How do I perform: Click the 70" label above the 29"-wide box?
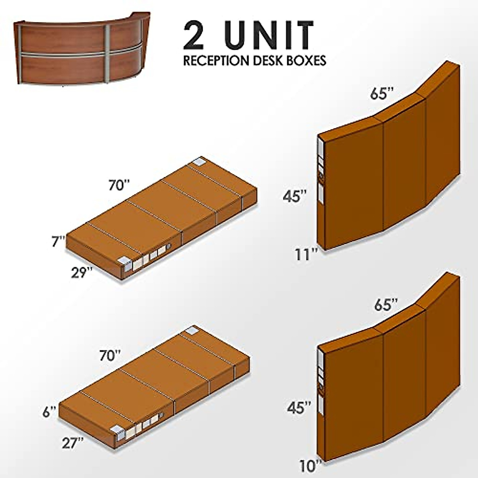[x=119, y=185]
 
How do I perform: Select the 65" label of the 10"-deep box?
[x=386, y=305]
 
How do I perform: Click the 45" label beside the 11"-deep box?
[x=295, y=196]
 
